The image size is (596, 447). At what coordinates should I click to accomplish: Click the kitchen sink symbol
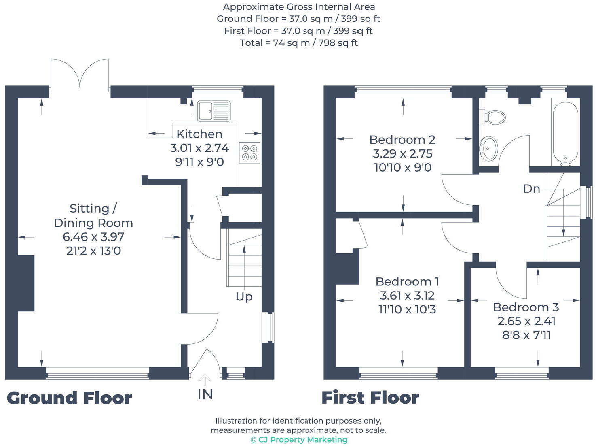[x=214, y=111]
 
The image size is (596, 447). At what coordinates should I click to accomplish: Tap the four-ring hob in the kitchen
[x=249, y=153]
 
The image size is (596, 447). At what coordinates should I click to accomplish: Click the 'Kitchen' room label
[x=199, y=134]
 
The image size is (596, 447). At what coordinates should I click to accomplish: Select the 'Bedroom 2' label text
[x=402, y=140]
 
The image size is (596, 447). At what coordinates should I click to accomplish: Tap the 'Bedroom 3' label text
[x=526, y=307]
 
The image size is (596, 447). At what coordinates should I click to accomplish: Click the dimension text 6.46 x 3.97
[x=93, y=237]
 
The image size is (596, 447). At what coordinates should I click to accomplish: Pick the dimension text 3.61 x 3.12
[x=407, y=296]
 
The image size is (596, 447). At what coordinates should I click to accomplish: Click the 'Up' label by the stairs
[x=244, y=297]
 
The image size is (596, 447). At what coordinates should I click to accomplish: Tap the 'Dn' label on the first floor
[x=531, y=189]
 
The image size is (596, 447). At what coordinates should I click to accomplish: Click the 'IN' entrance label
[x=205, y=394]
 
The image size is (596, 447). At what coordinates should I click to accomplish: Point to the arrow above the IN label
[x=205, y=380]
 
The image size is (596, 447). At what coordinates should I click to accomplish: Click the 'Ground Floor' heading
[x=70, y=398]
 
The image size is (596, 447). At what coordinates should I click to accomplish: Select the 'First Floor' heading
[x=370, y=398]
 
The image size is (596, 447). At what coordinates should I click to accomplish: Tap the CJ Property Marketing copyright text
[x=299, y=440]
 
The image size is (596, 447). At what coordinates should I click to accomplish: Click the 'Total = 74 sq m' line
[x=298, y=43]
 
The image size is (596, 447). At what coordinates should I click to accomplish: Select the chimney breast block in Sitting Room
[x=26, y=283]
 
